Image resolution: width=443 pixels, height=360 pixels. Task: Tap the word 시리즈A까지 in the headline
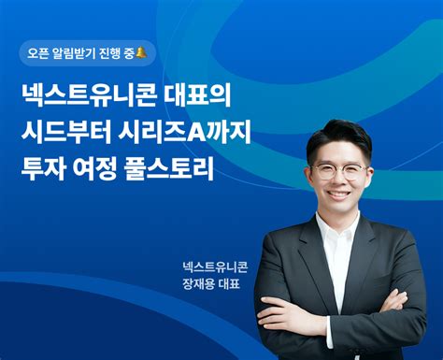coord(186,135)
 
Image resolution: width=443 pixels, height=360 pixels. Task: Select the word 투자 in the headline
coord(47,173)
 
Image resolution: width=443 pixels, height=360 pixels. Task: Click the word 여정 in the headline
coord(110,173)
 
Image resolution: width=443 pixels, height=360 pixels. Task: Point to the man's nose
coord(337,182)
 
